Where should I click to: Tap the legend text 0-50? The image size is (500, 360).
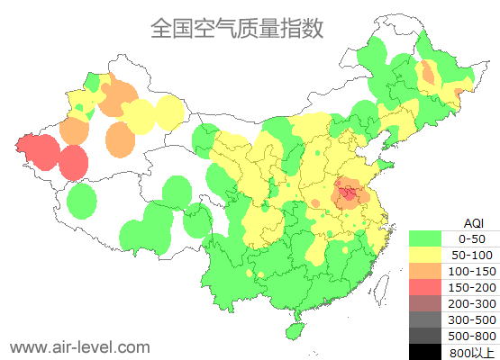[x=472, y=238]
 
